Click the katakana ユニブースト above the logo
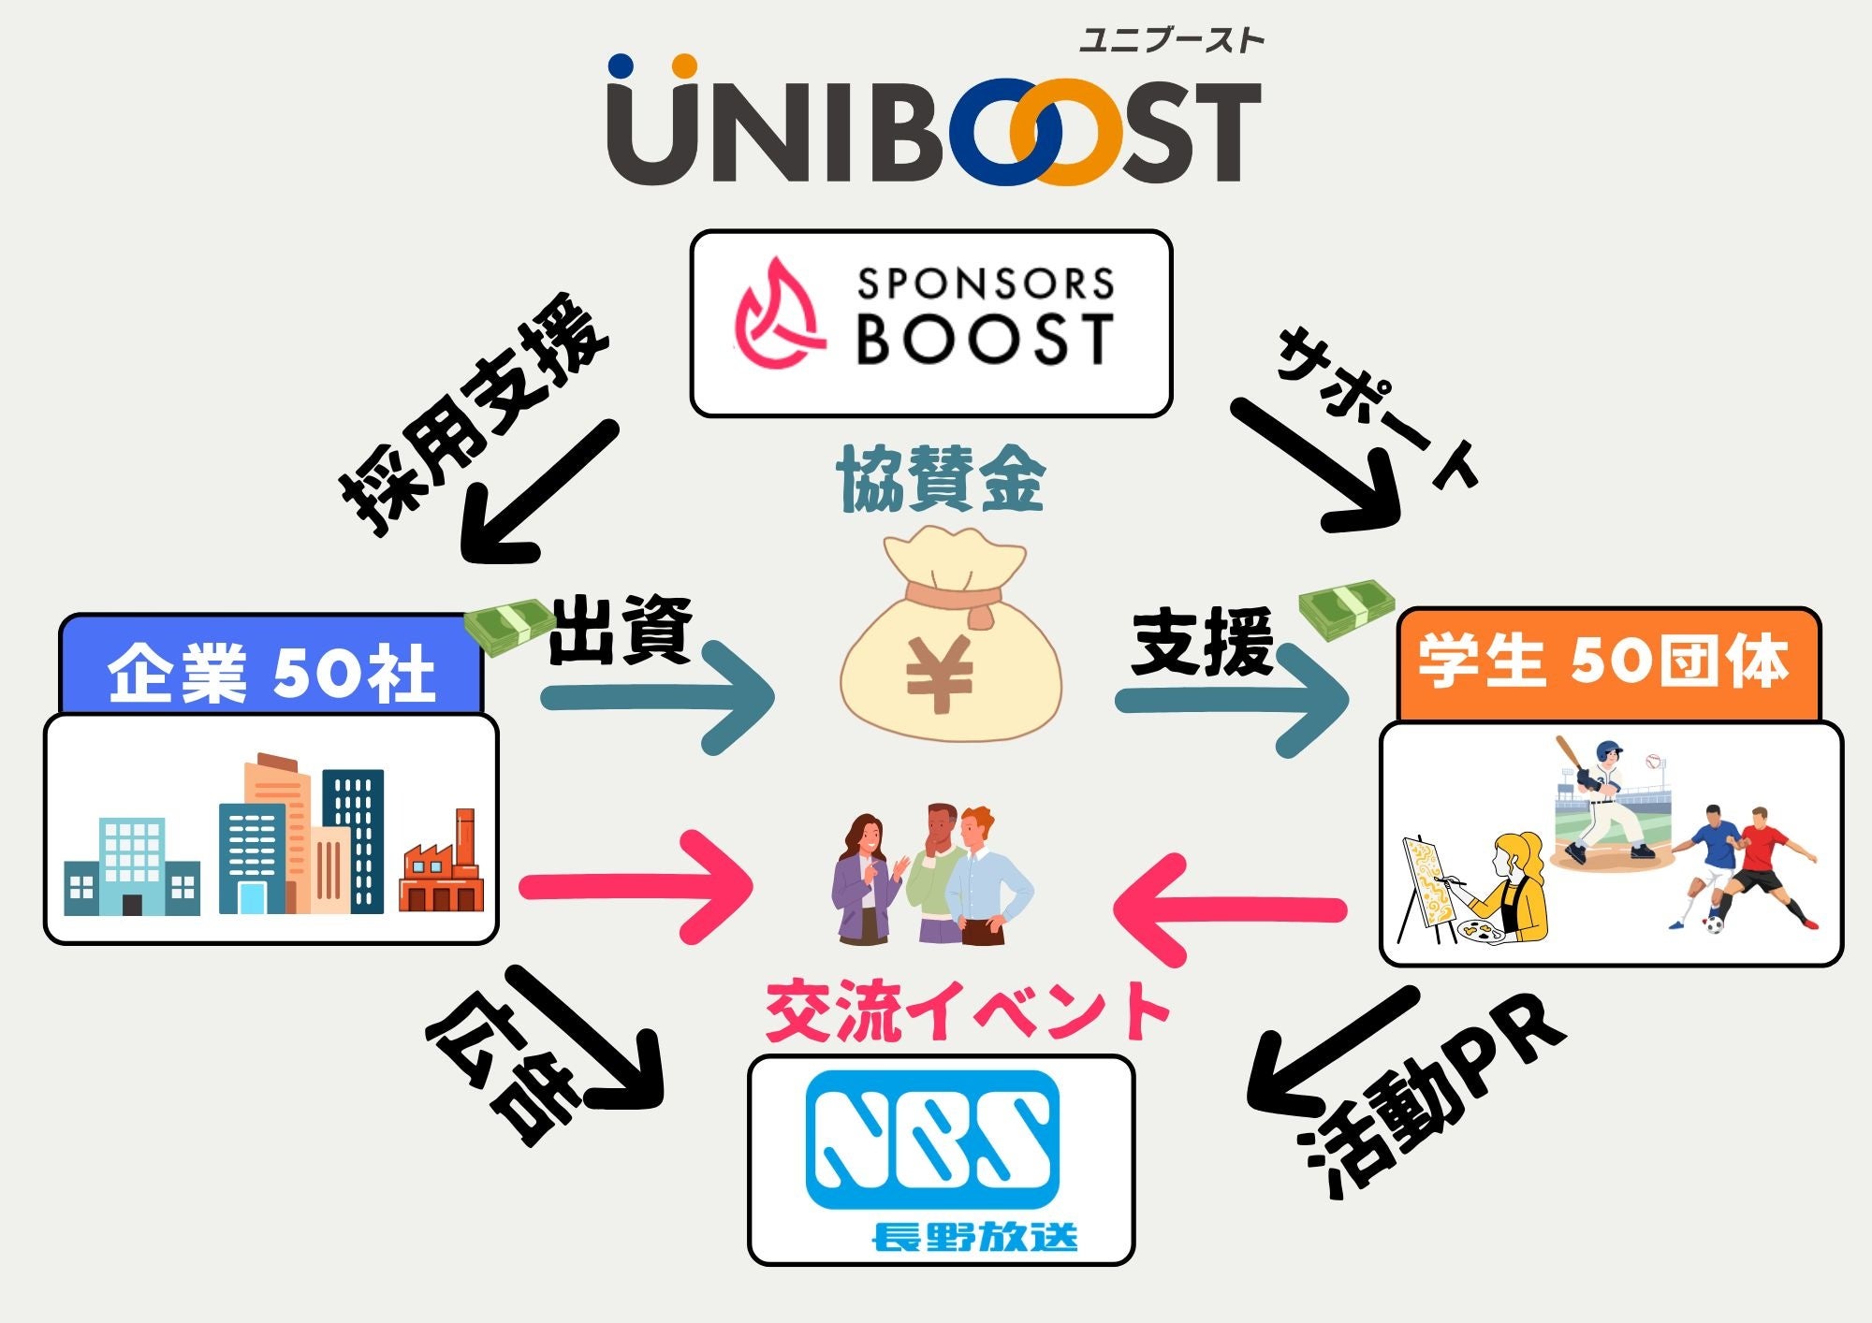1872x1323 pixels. click(1171, 40)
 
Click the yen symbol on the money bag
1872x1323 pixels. click(939, 673)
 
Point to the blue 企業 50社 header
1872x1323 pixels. click(271, 670)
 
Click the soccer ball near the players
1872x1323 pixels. click(1714, 923)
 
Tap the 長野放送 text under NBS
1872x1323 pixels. click(974, 1237)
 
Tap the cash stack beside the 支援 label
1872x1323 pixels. click(1345, 607)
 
